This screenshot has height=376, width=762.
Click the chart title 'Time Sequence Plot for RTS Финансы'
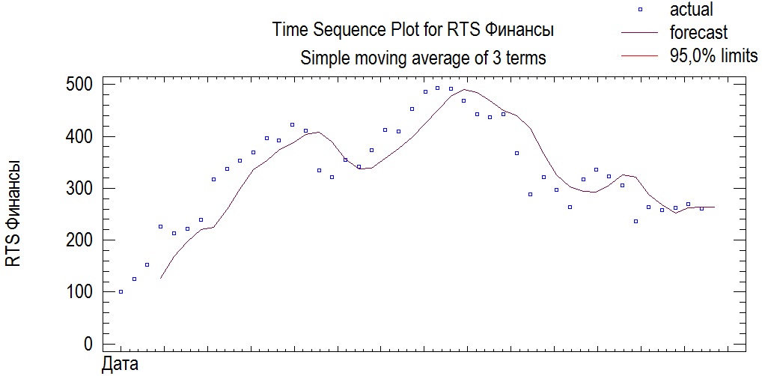click(x=413, y=31)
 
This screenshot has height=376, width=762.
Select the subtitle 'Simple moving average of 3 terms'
click(x=423, y=58)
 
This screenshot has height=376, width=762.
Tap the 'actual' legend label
click(x=692, y=10)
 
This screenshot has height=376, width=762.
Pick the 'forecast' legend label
click(x=698, y=33)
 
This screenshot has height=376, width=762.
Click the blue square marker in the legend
click(x=639, y=10)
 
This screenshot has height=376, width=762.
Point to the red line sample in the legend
click(x=639, y=55)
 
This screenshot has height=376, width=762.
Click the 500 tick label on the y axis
click(x=78, y=85)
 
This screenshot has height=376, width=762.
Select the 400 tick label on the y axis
click(x=78, y=137)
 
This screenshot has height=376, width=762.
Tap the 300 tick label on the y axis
click(x=78, y=189)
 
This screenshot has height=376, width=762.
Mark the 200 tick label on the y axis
click(x=78, y=240)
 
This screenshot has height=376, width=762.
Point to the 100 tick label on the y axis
click(x=78, y=292)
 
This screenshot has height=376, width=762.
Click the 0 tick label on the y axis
click(x=88, y=344)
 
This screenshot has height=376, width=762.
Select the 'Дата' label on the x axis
click(x=119, y=366)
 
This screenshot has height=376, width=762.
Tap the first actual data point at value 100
click(x=121, y=292)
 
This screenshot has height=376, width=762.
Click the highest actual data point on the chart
click(x=438, y=88)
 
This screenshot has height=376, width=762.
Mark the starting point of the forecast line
click(x=160, y=279)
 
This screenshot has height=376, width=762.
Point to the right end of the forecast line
click(x=715, y=207)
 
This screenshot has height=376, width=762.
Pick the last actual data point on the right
click(x=701, y=209)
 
